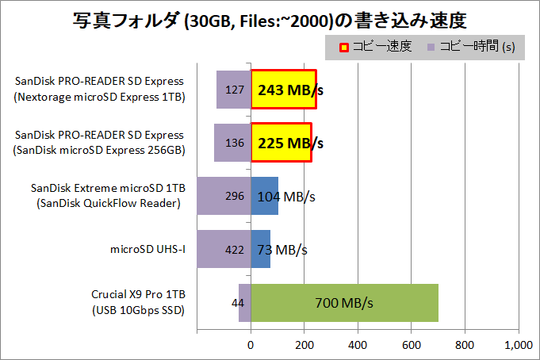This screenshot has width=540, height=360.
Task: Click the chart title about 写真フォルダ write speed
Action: click(270, 17)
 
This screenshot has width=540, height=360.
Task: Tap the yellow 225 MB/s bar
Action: click(281, 143)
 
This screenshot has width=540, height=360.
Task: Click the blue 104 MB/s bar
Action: click(265, 196)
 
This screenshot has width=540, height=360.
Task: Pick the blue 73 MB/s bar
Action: click(261, 249)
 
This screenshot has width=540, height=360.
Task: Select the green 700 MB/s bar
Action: click(344, 302)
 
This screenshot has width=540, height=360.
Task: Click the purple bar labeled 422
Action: click(224, 249)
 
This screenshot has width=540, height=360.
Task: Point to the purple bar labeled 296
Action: click(224, 196)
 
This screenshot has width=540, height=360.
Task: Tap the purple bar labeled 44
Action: click(245, 302)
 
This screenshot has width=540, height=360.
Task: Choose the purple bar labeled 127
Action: click(233, 90)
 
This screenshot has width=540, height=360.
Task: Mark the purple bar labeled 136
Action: click(232, 143)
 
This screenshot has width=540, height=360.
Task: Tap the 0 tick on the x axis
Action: click(251, 345)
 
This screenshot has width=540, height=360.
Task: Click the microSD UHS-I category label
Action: click(147, 250)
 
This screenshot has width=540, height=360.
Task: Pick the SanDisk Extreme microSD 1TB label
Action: click(108, 189)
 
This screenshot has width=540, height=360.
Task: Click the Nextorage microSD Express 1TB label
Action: click(99, 96)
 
